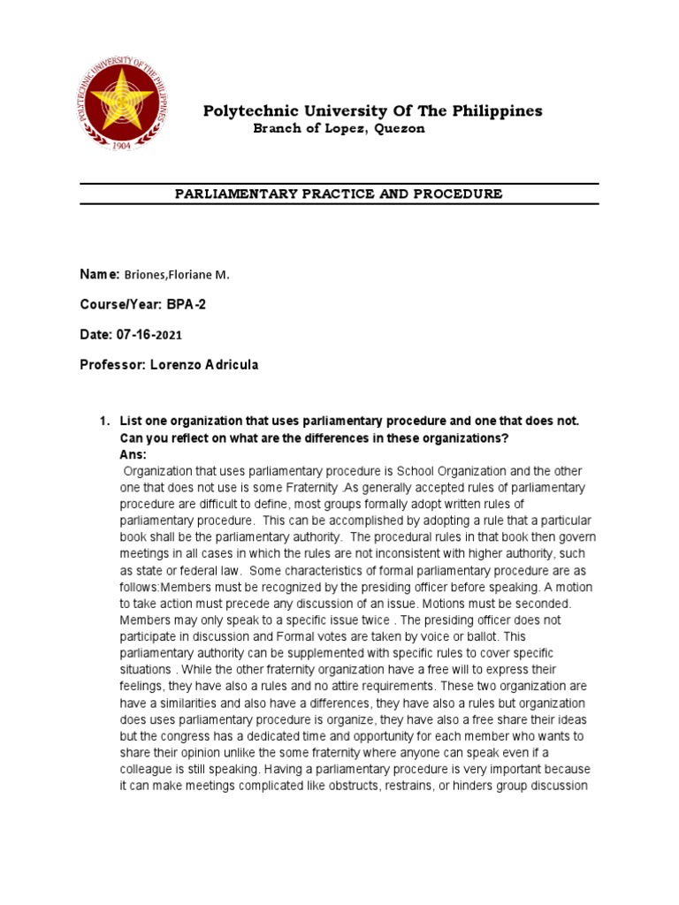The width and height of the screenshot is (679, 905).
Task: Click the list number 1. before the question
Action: pos(103,421)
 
